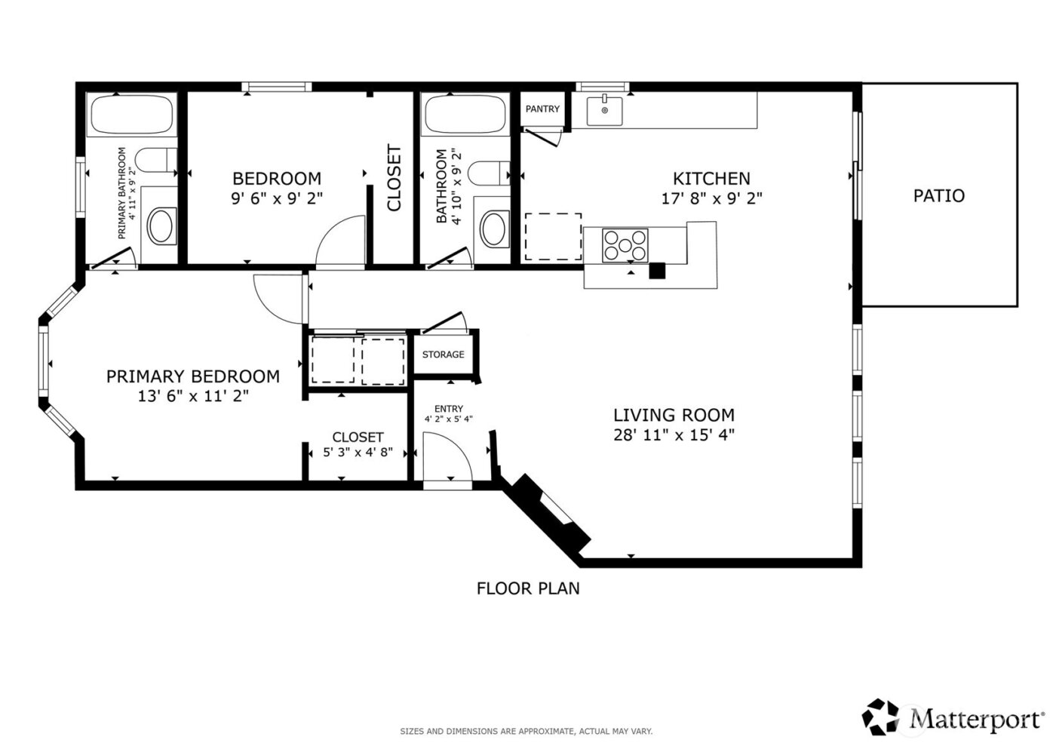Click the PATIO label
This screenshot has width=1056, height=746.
[x=938, y=196]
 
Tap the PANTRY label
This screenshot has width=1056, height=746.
[x=542, y=109]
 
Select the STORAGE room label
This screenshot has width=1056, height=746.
[x=443, y=355]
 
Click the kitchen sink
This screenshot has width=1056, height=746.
[x=604, y=110]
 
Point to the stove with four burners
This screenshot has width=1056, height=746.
[x=625, y=245]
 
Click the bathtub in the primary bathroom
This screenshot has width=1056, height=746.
[x=131, y=115]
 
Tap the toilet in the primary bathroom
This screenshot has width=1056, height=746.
[x=155, y=161]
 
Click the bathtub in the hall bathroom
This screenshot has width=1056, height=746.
[x=465, y=115]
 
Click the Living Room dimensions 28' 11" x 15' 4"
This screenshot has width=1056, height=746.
[x=674, y=435]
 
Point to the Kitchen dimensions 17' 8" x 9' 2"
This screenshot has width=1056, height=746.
[x=711, y=199]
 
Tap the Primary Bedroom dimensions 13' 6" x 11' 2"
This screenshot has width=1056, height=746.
[x=193, y=396]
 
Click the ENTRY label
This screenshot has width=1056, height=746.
[x=449, y=409]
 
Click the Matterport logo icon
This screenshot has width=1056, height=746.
[x=881, y=717]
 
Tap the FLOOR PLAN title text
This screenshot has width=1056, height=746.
[x=528, y=588]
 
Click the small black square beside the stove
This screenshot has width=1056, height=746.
[x=658, y=271]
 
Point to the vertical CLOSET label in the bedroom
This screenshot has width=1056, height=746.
[x=394, y=178]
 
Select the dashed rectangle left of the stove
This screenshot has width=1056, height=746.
[x=553, y=237]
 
